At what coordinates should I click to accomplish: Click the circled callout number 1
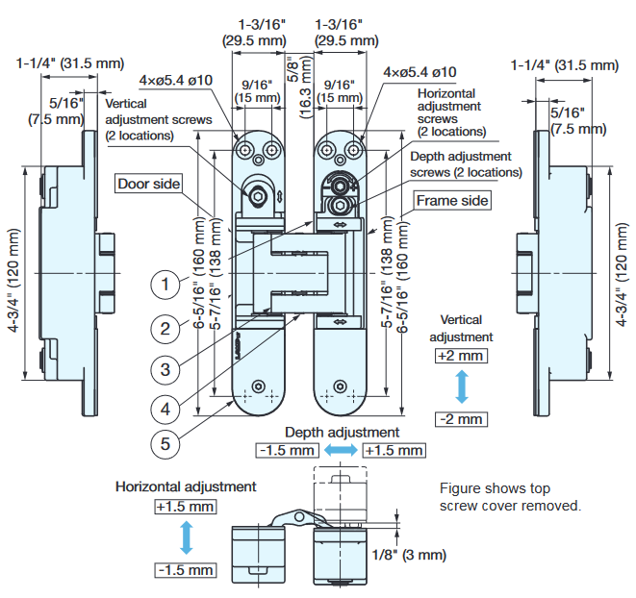(x=166, y=285)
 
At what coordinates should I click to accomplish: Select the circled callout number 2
(x=166, y=328)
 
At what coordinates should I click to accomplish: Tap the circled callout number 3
(x=166, y=368)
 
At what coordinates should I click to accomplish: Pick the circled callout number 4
(x=166, y=409)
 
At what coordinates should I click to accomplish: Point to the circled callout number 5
(x=166, y=443)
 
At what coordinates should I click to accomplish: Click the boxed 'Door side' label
(x=149, y=184)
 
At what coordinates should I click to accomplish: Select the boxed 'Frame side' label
(x=452, y=200)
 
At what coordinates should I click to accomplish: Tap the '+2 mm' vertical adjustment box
(x=461, y=356)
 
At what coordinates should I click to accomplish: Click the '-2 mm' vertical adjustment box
(x=461, y=419)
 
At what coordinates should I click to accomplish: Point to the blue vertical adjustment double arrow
(x=461, y=387)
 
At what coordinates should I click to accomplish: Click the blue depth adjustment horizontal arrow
(x=341, y=450)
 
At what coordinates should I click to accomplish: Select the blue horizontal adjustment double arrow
(x=187, y=537)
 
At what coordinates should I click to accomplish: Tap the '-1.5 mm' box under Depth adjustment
(x=287, y=450)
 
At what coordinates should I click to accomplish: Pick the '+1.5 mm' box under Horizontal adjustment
(x=185, y=506)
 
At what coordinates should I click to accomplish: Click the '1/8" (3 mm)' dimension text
(x=408, y=555)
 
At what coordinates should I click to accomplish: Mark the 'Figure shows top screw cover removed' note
(x=510, y=496)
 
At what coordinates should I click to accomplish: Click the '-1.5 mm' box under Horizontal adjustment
(x=185, y=570)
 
